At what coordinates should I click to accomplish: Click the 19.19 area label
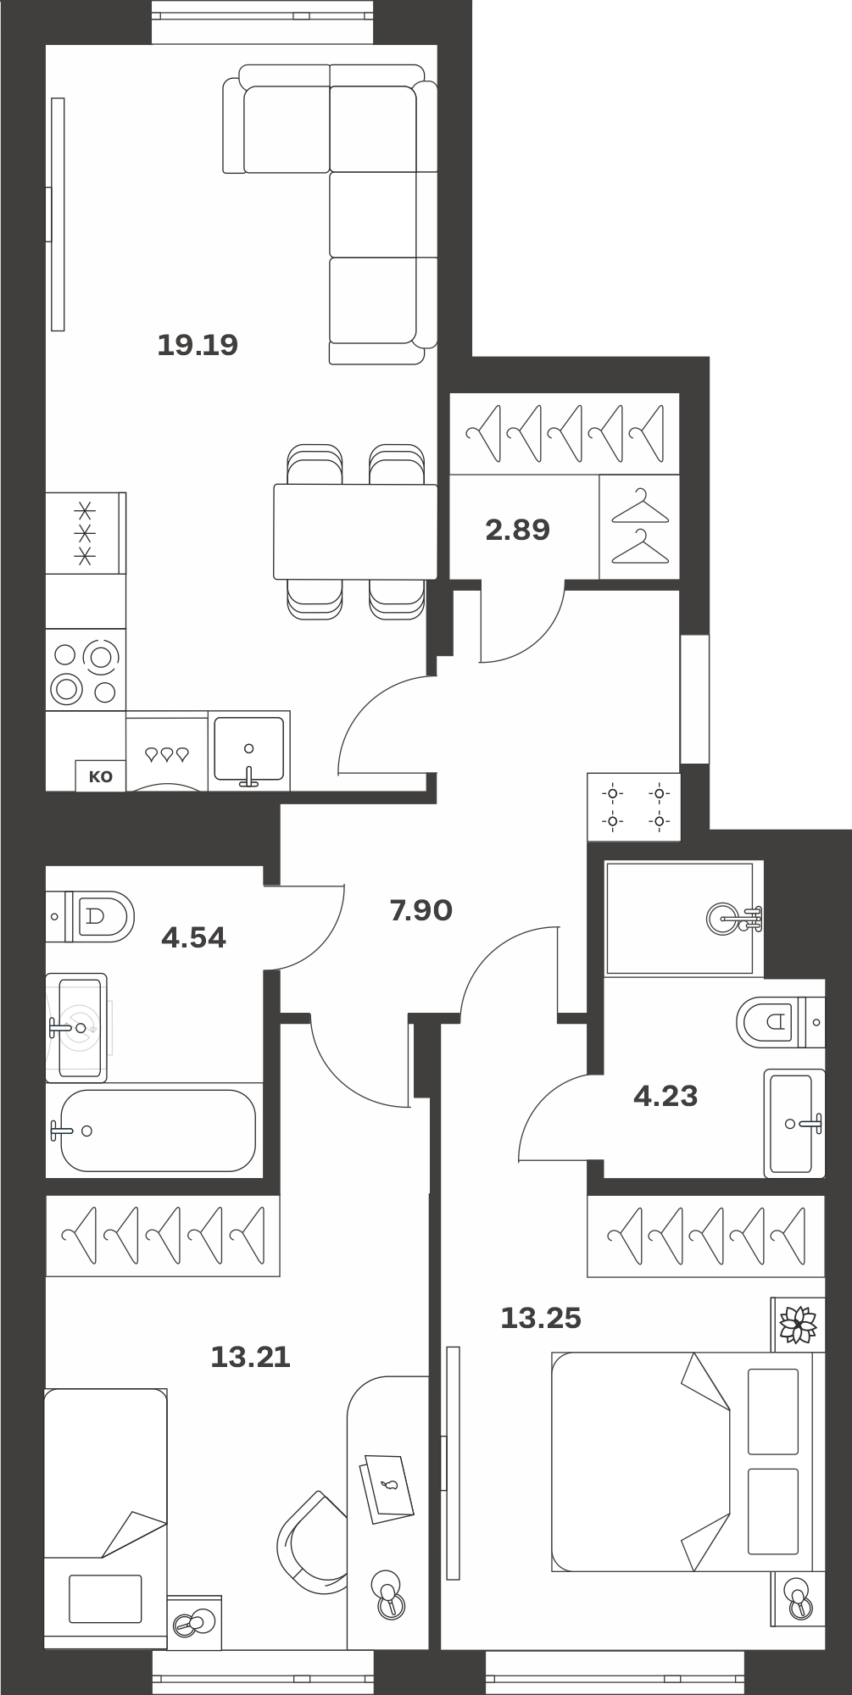point(198,345)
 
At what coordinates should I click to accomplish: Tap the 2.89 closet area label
point(517,531)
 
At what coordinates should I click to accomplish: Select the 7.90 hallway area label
point(420,911)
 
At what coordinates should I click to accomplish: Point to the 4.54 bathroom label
point(194,938)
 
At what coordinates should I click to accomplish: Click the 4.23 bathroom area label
point(665,1097)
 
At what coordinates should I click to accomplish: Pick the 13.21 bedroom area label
point(250,1358)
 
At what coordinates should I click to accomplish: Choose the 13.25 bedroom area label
point(541,1319)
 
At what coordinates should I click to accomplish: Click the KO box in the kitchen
point(101,776)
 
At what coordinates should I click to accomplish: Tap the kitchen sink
point(249,750)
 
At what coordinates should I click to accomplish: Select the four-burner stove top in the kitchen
point(85,670)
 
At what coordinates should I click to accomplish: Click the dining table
point(355,531)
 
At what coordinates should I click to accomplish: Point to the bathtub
point(158,1131)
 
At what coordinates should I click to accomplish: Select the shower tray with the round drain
point(684,919)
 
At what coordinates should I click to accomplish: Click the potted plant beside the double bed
point(798,1324)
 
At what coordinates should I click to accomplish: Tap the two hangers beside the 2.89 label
point(640,526)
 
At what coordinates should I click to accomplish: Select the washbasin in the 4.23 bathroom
point(794,1123)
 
